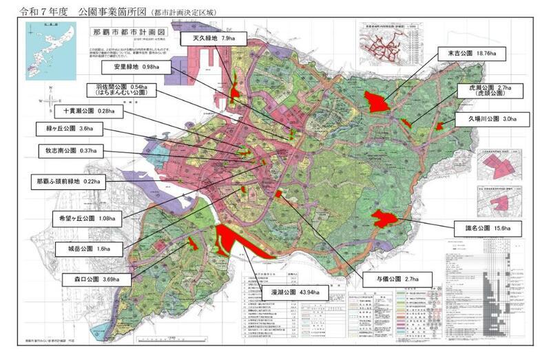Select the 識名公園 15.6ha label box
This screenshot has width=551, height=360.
pyautogui.click(x=481, y=227)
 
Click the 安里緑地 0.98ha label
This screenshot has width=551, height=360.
pyautogui.click(x=138, y=67)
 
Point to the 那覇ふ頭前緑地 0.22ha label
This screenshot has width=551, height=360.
pyautogui.click(x=69, y=182)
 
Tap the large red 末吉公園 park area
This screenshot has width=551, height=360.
pyautogui.click(x=376, y=102)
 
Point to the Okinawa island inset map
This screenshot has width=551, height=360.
pyautogui.click(x=45, y=45)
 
